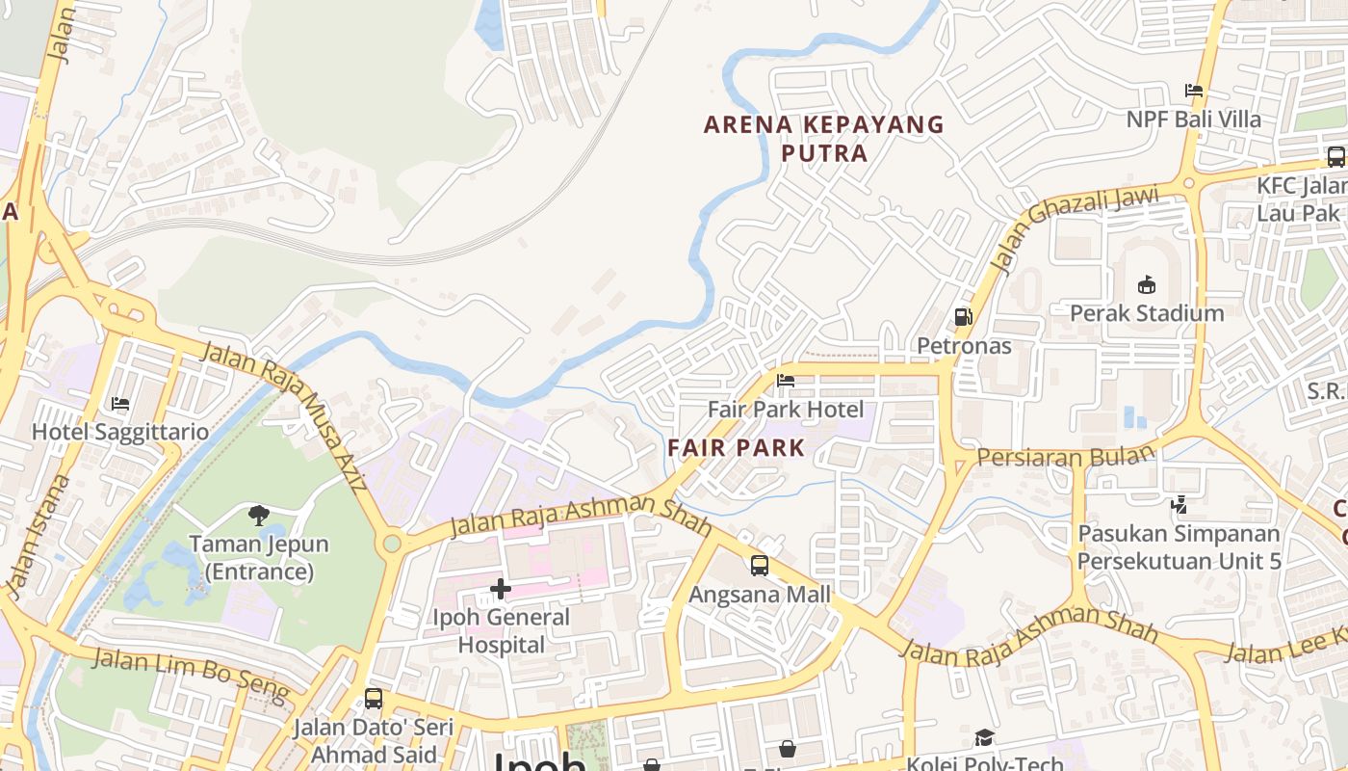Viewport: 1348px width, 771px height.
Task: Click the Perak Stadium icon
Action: (x=1146, y=284)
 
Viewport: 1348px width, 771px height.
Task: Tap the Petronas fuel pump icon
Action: (x=962, y=316)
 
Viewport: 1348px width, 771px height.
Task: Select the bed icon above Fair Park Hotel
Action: (x=786, y=381)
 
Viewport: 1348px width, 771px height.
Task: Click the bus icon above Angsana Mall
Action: (x=760, y=565)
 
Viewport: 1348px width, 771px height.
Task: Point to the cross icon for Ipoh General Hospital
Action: (x=500, y=588)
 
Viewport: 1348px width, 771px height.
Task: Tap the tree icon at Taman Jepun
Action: (x=258, y=516)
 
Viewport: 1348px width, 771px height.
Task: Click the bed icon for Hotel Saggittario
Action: (x=120, y=403)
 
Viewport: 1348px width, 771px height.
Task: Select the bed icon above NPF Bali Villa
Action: (x=1194, y=91)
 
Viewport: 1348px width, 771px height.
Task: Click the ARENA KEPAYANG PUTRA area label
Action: (x=824, y=138)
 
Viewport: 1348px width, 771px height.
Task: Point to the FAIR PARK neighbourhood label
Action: (x=736, y=447)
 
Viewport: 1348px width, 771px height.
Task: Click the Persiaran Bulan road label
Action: (x=1065, y=456)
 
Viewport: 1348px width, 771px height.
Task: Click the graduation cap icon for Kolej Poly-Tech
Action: (x=983, y=738)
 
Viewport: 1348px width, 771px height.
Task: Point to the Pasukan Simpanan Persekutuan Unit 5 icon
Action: (x=1179, y=504)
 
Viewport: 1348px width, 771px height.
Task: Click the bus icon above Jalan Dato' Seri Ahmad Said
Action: (x=373, y=699)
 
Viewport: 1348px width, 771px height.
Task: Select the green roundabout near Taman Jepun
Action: (x=391, y=544)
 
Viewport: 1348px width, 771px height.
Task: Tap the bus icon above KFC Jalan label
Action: (x=1335, y=156)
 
